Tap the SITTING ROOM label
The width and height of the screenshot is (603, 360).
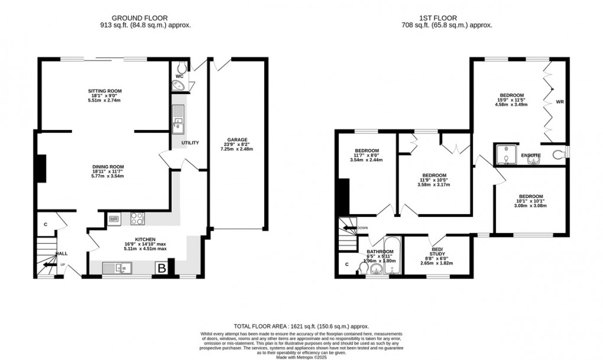[x=105, y=91]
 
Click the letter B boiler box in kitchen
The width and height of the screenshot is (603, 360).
[x=160, y=269]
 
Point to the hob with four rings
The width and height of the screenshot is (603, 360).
[x=138, y=218]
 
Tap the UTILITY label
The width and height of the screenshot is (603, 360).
[x=190, y=143]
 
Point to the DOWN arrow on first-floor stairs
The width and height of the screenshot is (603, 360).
[x=353, y=228]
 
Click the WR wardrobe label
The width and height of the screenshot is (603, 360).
[x=560, y=102]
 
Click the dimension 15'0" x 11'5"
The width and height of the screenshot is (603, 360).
[x=511, y=100]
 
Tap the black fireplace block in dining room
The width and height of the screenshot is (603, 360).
[x=41, y=168]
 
